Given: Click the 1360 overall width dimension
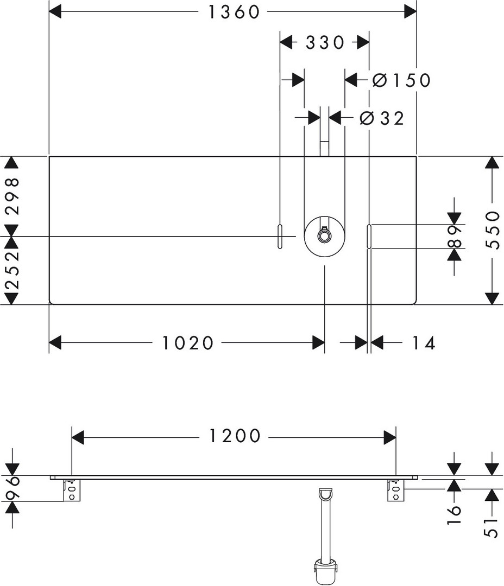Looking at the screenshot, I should (235, 12).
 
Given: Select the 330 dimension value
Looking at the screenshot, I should (325, 42).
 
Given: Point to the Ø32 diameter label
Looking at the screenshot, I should (382, 118).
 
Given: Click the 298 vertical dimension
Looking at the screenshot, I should (12, 196).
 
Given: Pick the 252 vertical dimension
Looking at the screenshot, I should (12, 270).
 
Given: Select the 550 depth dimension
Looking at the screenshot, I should (492, 230).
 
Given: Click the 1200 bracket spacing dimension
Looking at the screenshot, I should (235, 436).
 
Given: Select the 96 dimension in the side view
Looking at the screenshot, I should (12, 488).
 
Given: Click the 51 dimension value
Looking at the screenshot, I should (492, 525).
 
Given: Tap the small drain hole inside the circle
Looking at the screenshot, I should (324, 237).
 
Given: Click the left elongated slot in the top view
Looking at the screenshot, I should (280, 237).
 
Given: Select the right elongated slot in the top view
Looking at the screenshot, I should (369, 237).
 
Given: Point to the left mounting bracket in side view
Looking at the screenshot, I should (72, 491).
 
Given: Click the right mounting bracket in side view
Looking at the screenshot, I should (396, 491).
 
